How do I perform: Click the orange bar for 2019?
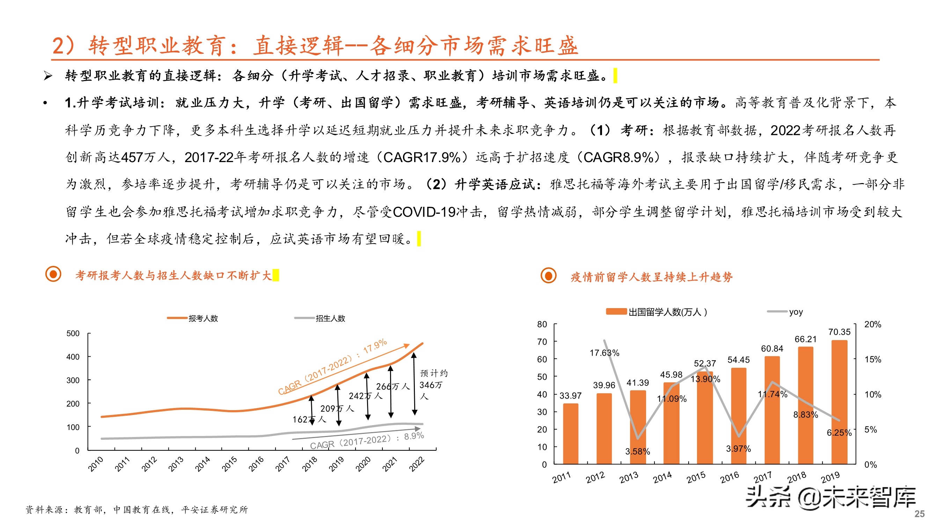click(x=839, y=401)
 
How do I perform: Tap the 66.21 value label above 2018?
click(x=805, y=339)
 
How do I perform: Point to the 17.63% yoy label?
click(x=604, y=352)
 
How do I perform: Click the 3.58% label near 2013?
click(x=638, y=451)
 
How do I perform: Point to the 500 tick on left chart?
click(x=73, y=333)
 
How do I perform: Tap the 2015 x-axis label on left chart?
click(x=229, y=464)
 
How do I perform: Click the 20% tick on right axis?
click(x=872, y=325)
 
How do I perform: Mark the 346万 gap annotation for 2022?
click(x=432, y=385)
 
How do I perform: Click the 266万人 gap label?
click(x=393, y=387)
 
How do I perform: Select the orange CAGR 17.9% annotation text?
click(x=332, y=367)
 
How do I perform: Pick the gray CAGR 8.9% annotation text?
click(x=366, y=441)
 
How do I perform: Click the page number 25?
click(x=919, y=514)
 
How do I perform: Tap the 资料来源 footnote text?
click(x=137, y=510)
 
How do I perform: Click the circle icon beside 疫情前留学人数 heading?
click(x=548, y=276)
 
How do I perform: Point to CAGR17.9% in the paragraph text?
click(x=422, y=157)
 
